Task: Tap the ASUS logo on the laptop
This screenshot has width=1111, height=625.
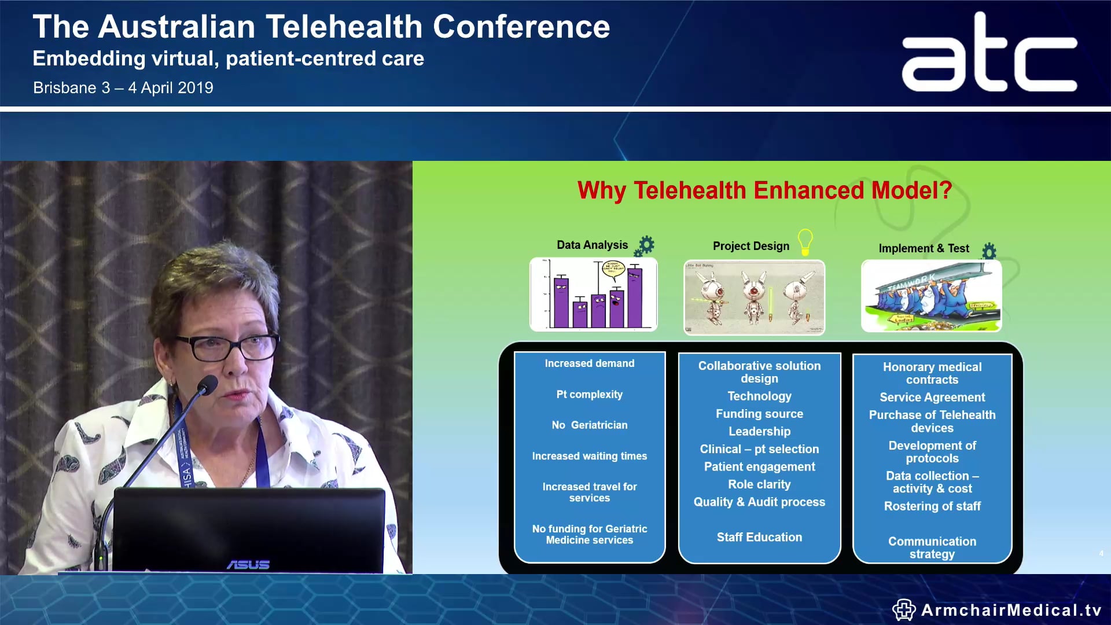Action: tap(248, 564)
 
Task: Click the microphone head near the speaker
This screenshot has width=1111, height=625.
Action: tap(208, 384)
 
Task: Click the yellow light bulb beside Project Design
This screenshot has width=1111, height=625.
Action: tap(805, 241)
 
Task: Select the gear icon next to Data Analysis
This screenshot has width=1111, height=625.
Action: tap(645, 246)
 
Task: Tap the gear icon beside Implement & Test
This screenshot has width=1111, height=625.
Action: tap(989, 251)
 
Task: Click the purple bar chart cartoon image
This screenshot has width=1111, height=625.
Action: tap(593, 295)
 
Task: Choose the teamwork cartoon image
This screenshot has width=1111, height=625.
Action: tap(931, 296)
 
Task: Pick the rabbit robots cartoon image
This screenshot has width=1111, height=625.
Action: tap(754, 297)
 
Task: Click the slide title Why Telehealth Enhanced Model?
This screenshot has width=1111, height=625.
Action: tap(764, 190)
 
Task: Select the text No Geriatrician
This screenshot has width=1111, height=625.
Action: tap(589, 425)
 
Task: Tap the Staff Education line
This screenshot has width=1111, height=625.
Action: tap(759, 537)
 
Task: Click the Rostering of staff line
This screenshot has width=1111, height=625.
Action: tap(932, 506)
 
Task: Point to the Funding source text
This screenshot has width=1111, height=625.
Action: tap(759, 414)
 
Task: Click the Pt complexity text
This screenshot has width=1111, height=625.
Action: tap(589, 394)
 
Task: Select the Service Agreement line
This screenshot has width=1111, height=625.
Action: tap(932, 397)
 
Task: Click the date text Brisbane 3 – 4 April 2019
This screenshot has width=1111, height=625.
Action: tap(123, 88)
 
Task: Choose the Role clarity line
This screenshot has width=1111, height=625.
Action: tap(759, 484)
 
